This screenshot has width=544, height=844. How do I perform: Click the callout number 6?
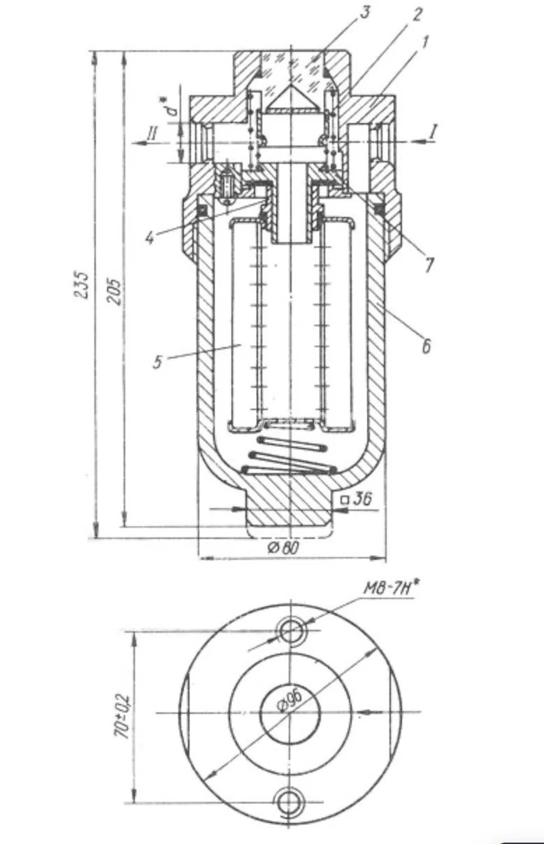pyautogui.click(x=424, y=345)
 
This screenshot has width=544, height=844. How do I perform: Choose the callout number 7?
pyautogui.click(x=428, y=265)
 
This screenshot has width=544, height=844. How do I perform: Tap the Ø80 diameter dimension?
pyautogui.click(x=283, y=547)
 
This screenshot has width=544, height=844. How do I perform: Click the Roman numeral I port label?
pyautogui.click(x=434, y=130)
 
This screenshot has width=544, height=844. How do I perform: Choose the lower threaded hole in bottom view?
pyautogui.click(x=291, y=800)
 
